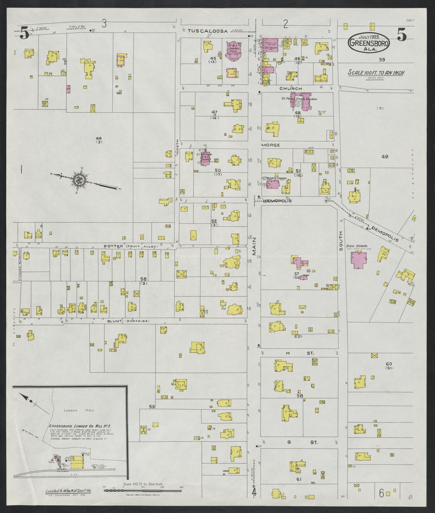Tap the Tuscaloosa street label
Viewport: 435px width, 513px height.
(208, 31)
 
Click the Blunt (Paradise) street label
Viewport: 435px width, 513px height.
(128, 321)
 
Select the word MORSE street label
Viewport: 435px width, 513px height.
(270, 145)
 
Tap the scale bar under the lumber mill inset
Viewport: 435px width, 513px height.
(143, 314)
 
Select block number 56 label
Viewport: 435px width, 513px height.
(143, 279)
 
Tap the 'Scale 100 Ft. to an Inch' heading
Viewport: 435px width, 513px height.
(376, 73)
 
